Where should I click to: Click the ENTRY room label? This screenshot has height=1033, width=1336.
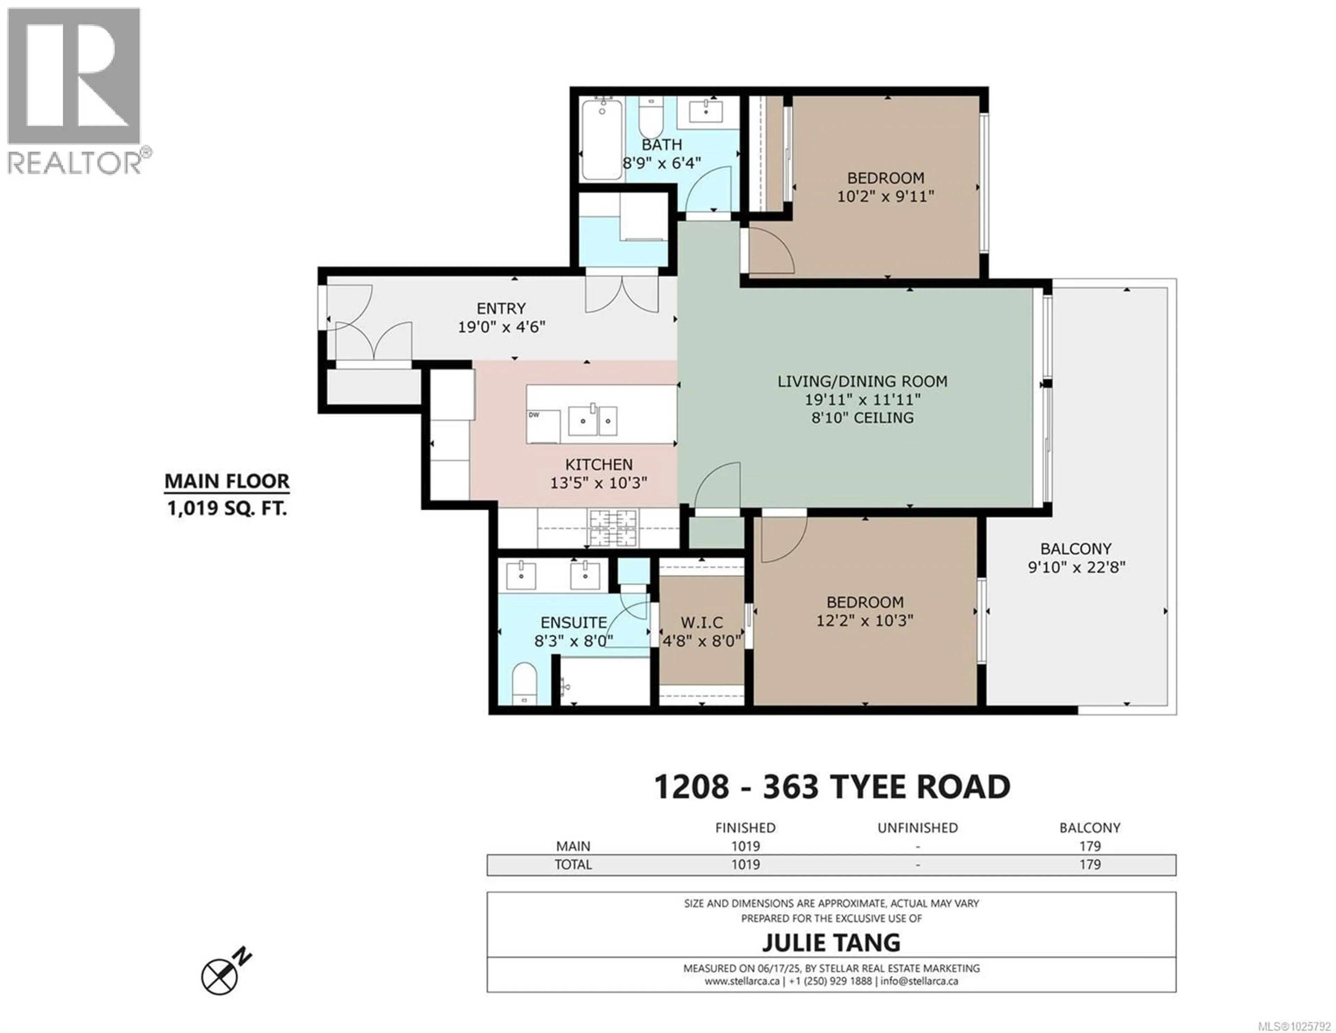501,308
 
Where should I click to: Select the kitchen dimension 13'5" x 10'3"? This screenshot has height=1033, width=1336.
598,483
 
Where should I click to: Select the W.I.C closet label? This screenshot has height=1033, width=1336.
702,622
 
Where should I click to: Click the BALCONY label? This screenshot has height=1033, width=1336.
1076,549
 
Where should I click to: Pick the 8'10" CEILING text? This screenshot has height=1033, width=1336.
862,418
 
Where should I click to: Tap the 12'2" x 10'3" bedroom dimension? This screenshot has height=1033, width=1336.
864,621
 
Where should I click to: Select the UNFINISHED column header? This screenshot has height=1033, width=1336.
917,827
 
